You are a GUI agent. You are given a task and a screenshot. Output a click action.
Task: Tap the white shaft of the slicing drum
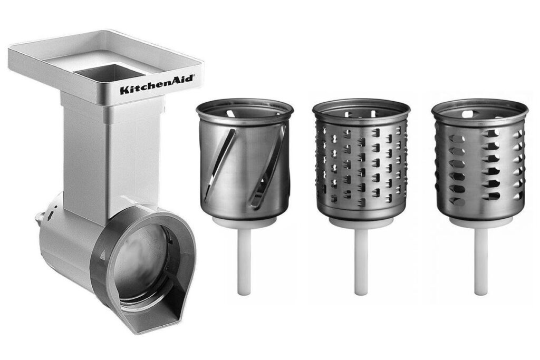[x=244, y=262]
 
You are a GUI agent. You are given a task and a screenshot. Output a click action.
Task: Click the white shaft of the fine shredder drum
[x=361, y=262]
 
